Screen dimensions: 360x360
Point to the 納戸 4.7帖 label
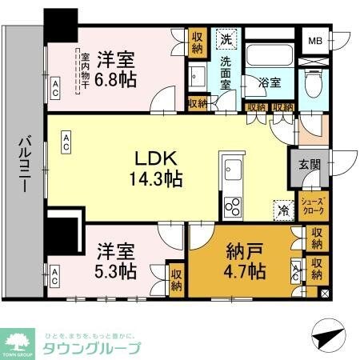tap(246, 260)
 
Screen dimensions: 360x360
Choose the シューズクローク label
tap(311, 206)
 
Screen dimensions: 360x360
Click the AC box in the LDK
tap(67, 142)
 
